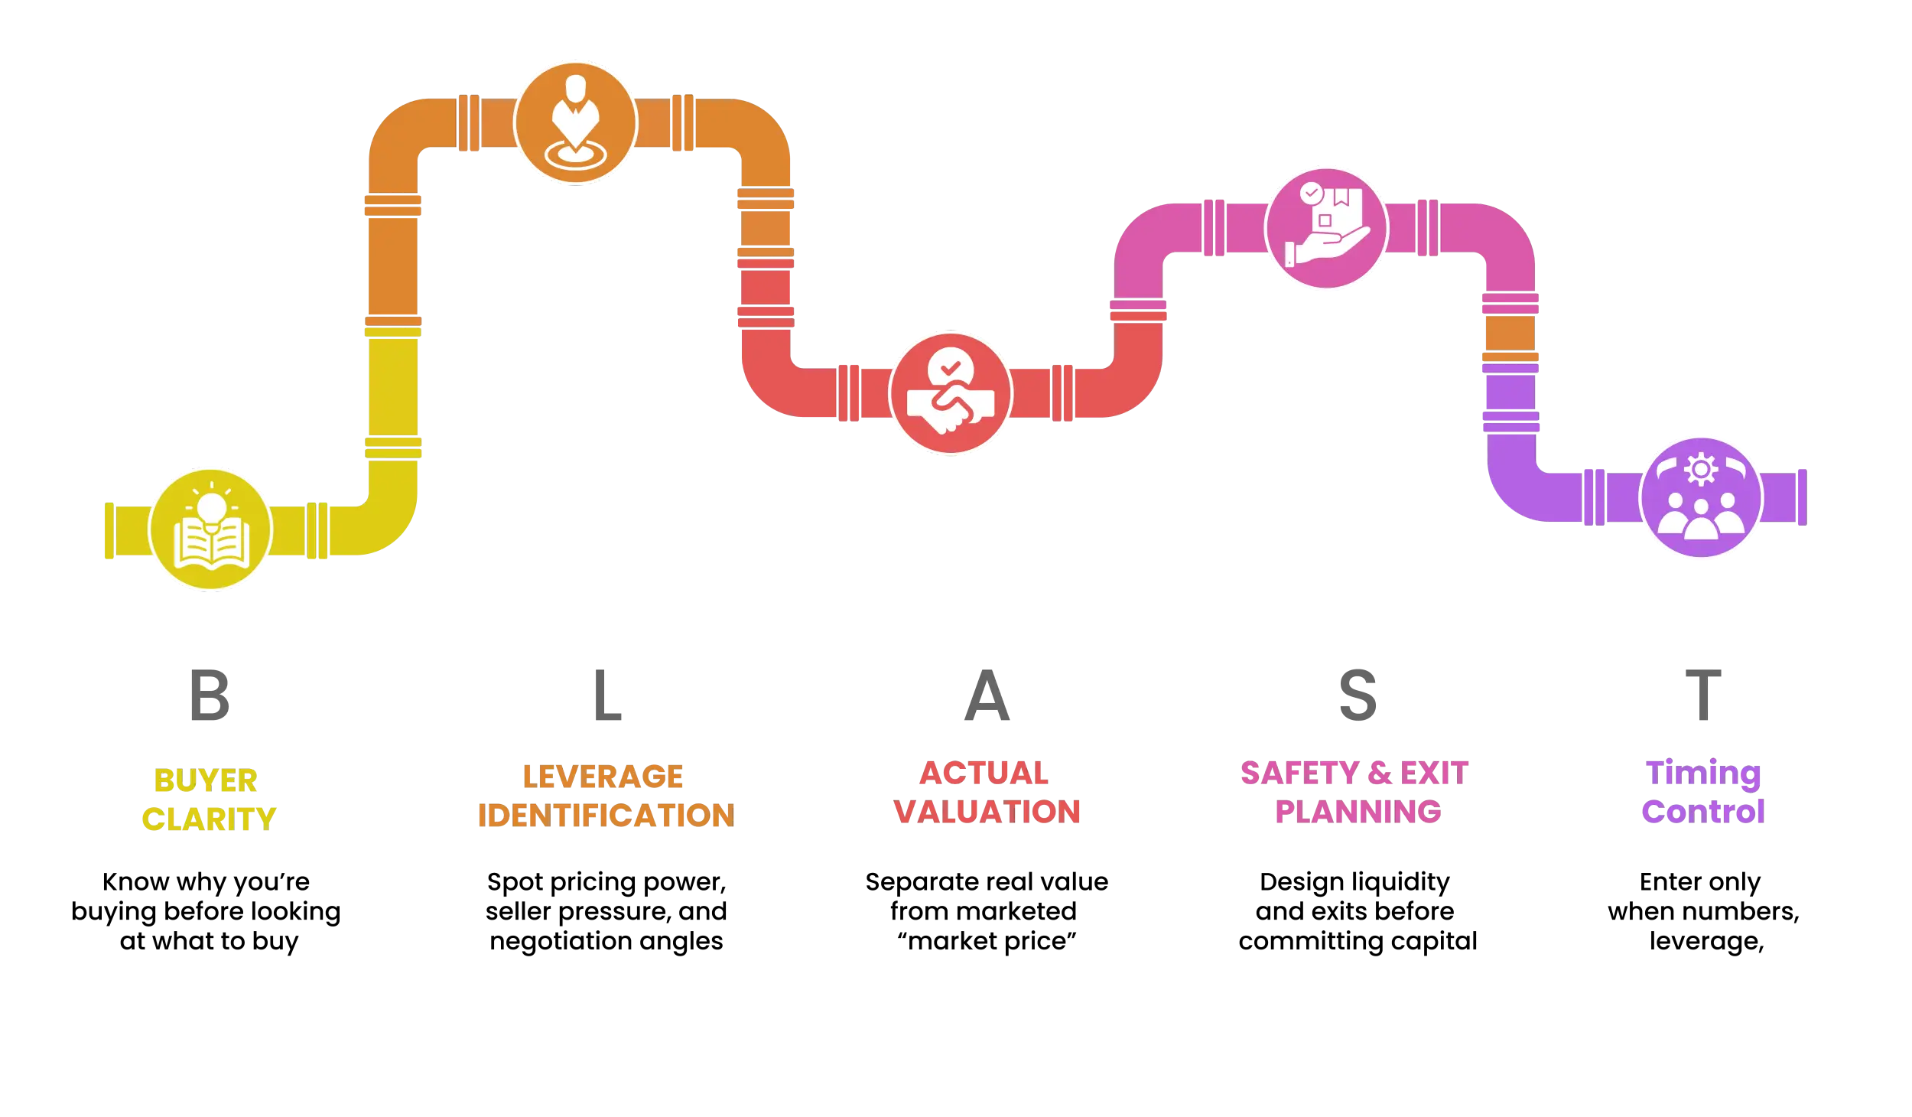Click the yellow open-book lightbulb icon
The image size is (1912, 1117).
point(210,529)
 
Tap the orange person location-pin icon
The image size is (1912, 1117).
point(575,121)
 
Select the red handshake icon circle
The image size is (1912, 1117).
point(950,393)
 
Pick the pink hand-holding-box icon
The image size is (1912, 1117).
point(1326,228)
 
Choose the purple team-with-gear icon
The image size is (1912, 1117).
point(1701,499)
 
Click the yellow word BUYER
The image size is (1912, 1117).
point(205,781)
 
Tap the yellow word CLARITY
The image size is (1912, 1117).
point(208,818)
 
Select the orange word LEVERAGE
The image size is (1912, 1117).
point(603,777)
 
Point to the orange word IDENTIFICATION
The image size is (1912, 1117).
point(606,816)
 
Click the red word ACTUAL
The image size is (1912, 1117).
point(984,774)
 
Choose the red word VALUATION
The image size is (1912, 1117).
point(987,812)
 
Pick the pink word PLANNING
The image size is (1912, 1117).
point(1358,812)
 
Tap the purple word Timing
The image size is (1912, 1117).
point(1704,776)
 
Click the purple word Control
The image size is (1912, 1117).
point(1704,812)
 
